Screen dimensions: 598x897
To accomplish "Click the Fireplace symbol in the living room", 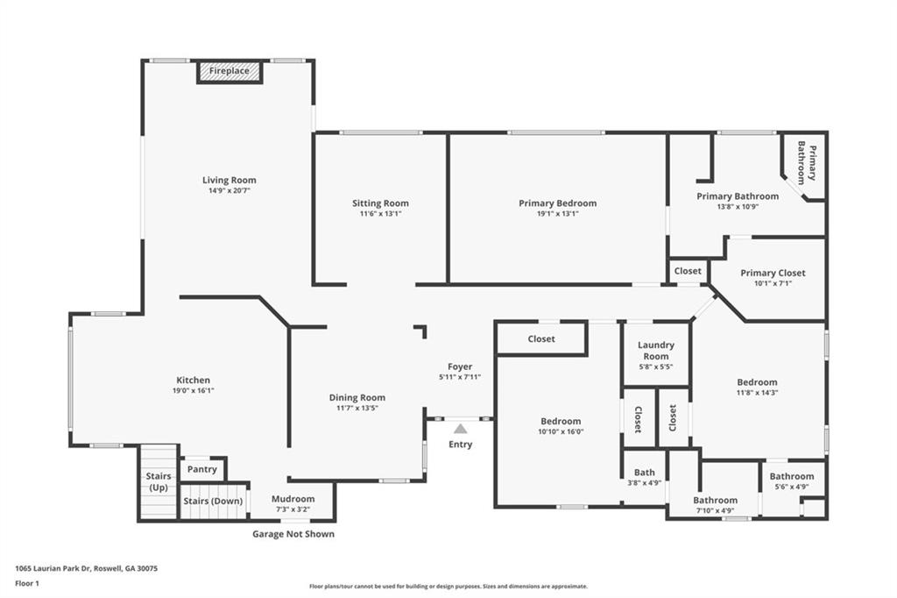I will [x=229, y=71].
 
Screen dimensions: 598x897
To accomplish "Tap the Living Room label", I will [x=230, y=181].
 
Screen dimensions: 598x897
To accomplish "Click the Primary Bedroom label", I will [x=557, y=203].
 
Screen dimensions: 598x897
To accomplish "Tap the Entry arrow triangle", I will [x=460, y=429].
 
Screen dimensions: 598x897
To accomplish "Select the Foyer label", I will [x=460, y=367].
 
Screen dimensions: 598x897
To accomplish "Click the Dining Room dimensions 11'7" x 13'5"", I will [x=357, y=409].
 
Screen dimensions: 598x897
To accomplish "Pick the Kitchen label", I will [x=193, y=380].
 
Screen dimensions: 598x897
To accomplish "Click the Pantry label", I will [x=202, y=470].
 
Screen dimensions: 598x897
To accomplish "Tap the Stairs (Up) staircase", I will [x=159, y=482].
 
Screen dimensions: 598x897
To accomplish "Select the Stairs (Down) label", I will [x=212, y=502].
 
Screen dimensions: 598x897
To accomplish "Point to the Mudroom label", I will [x=293, y=499].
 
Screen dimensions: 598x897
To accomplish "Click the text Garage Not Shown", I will [x=293, y=534].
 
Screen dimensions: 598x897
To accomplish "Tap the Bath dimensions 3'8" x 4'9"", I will [x=644, y=483].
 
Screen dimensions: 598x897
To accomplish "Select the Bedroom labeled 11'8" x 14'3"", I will [x=757, y=382].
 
